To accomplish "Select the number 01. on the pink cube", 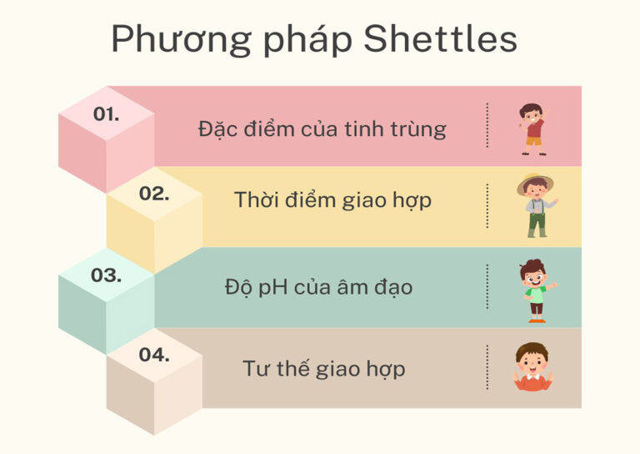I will coord(106,115).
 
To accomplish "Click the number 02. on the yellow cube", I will coord(154,194).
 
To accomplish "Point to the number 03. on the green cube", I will coord(106,275).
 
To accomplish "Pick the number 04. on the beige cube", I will coord(154,355).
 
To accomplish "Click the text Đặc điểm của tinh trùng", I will coord(322,129).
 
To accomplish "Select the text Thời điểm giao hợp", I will coord(332,200).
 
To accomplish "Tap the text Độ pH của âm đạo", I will coord(318,287).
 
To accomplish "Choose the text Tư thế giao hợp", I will coord(324,368).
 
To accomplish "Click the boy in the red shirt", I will coord(532,129).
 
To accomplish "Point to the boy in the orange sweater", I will coord(532,367).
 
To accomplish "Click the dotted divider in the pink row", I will coord(487,126).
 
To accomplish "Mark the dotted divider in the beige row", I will coord(487,366).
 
